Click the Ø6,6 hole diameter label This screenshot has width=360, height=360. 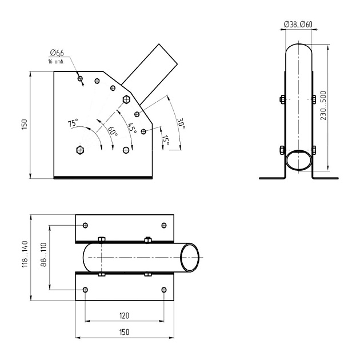click(x=56, y=53)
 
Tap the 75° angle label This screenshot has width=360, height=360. click(x=72, y=123)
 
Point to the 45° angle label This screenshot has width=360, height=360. click(x=133, y=128)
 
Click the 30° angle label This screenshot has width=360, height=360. click(x=181, y=124)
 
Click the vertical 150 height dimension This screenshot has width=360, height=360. click(x=24, y=125)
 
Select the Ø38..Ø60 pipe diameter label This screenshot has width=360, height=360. click(x=298, y=24)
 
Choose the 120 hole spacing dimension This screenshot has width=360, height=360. click(x=124, y=315)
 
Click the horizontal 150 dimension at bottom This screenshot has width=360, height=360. click(x=124, y=332)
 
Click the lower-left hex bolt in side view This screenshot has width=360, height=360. click(x=79, y=150)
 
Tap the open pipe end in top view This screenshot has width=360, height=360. click(x=190, y=258)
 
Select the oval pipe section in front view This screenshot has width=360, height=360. click(x=298, y=160)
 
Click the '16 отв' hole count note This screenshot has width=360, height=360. click(x=55, y=61)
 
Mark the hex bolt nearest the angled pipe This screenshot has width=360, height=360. click(x=127, y=99)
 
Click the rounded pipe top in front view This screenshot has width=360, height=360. click(x=298, y=49)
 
